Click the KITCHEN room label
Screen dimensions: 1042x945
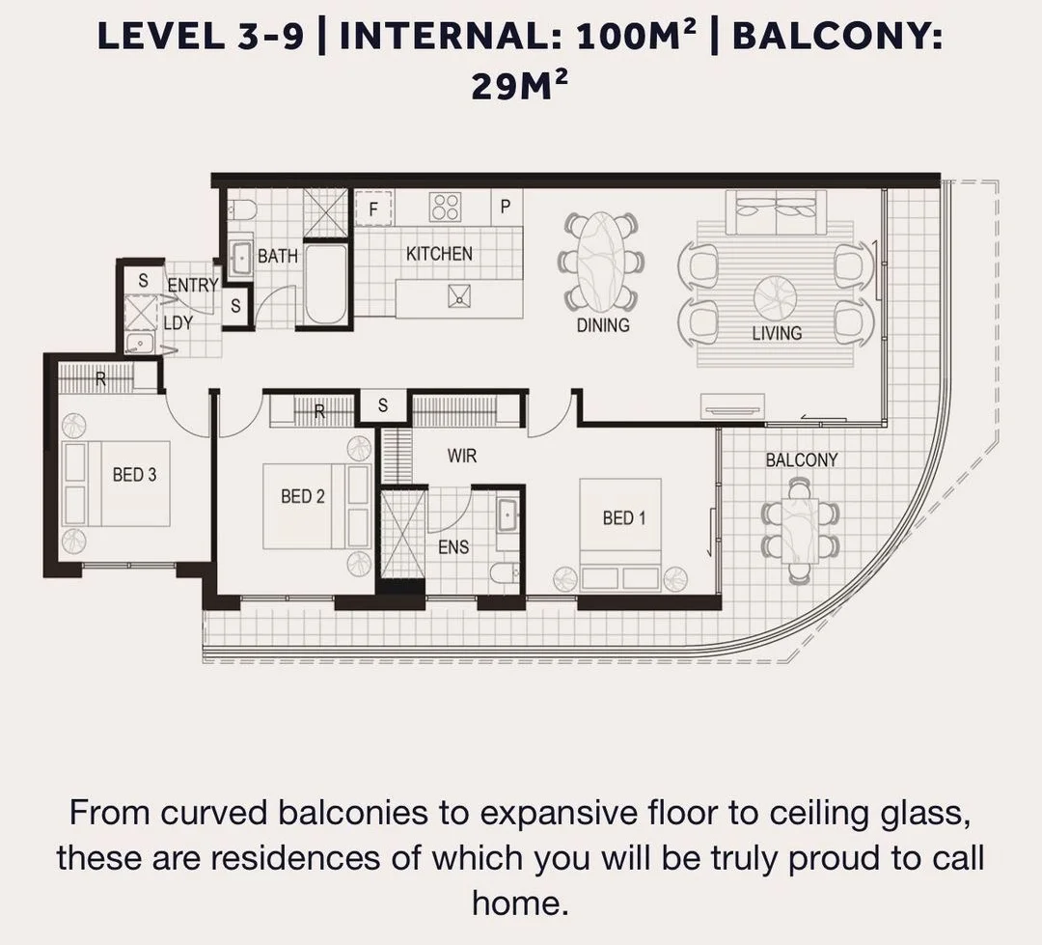439,254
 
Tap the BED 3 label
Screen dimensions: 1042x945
134,475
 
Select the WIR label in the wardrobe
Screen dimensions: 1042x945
462,457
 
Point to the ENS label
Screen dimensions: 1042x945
453,547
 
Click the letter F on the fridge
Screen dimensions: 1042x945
373,209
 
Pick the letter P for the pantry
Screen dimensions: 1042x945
505,207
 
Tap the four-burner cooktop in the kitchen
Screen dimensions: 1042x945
445,207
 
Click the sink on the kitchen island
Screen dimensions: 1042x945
459,296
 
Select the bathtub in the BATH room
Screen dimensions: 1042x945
326,284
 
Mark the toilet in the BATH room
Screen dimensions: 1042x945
242,210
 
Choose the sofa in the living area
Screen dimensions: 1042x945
776,212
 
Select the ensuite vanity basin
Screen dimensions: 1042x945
508,514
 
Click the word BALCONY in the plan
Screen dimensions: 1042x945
802,460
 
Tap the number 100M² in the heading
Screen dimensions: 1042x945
638,36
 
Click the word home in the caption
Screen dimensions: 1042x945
520,903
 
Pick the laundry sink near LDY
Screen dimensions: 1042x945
140,343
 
